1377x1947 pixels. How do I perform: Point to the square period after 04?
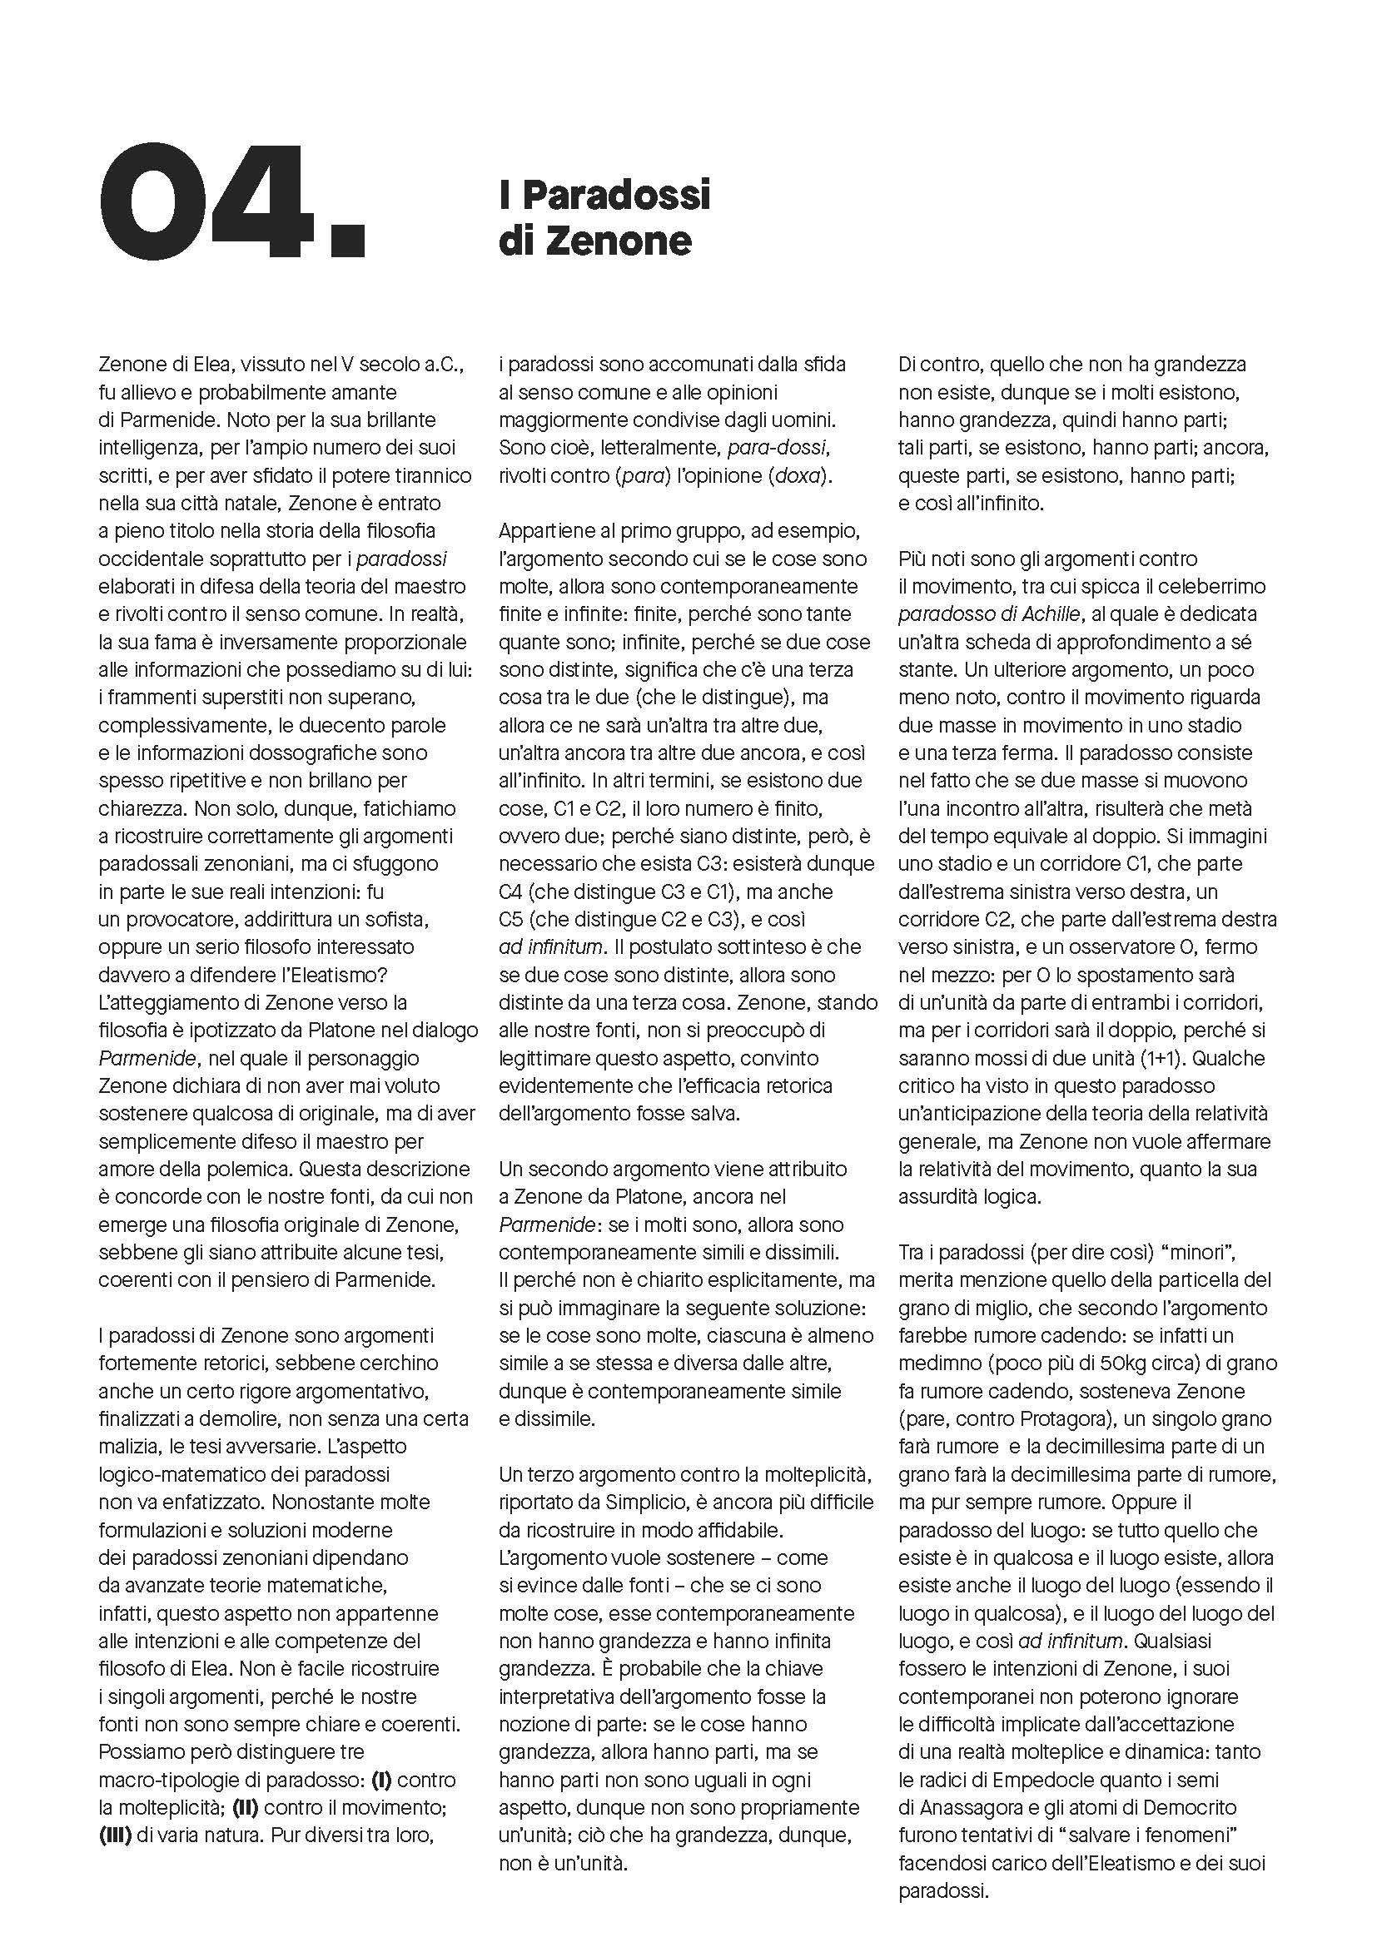[x=345, y=239]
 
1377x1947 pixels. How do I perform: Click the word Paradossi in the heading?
[x=615, y=196]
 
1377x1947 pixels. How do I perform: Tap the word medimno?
[x=937, y=1363]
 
